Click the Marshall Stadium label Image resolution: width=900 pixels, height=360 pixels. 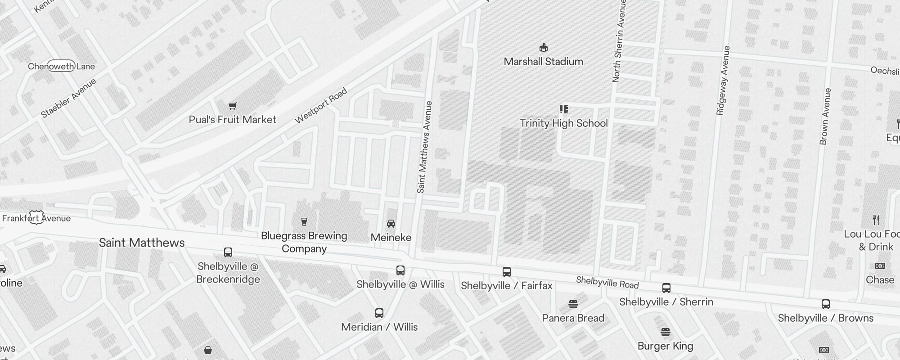[543, 62]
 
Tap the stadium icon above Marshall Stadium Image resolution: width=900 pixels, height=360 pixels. [544, 47]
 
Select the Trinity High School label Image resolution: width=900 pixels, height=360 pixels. [563, 123]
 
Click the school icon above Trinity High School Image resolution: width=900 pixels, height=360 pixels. [563, 109]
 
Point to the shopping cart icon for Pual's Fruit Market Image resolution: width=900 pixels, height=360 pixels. [232, 106]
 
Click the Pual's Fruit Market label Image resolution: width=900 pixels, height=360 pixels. [232, 120]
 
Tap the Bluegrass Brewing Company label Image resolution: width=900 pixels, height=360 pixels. [304, 242]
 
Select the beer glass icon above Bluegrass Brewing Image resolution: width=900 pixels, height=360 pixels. [304, 221]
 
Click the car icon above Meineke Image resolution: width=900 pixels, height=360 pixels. [391, 224]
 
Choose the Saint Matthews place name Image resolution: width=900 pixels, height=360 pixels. [142, 243]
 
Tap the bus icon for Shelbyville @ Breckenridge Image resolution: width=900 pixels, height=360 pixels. [228, 252]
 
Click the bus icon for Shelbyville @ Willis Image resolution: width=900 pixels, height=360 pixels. [400, 270]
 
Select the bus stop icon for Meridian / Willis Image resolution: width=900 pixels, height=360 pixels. [379, 313]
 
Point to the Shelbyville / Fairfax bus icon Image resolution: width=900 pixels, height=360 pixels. [506, 272]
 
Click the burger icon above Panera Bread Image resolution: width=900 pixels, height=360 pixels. [573, 304]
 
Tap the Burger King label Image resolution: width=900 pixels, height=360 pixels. [665, 346]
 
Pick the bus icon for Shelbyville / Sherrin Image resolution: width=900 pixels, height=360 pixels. [666, 288]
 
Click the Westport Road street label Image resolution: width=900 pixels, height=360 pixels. [321, 106]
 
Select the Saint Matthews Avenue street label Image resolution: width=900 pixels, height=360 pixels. [424, 147]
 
